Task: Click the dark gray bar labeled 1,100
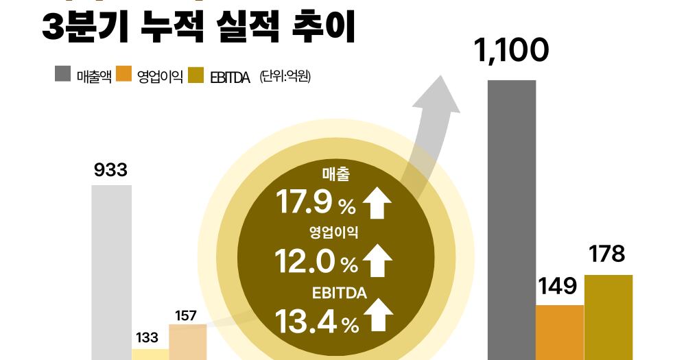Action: click(x=512, y=219)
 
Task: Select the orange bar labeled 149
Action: click(x=560, y=333)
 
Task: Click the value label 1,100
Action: click(x=511, y=51)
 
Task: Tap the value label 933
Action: click(x=110, y=169)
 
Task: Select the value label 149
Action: click(x=557, y=285)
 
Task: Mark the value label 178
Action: click(x=607, y=254)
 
